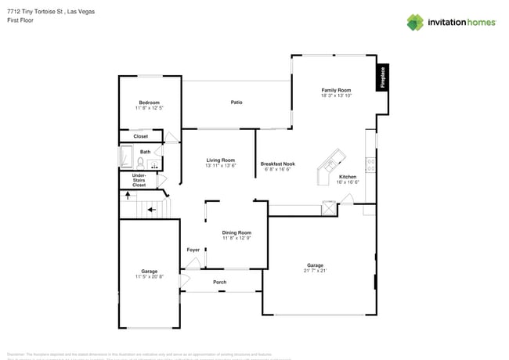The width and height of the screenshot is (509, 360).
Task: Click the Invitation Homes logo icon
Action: [414, 23]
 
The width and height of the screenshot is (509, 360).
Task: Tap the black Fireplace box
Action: [383, 77]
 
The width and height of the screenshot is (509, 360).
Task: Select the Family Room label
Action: [335, 90]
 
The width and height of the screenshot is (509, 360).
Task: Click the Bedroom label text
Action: [149, 103]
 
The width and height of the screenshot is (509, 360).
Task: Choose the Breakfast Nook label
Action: [277, 164]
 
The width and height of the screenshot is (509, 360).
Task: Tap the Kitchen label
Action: [347, 177]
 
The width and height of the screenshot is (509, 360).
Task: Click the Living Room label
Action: [220, 160]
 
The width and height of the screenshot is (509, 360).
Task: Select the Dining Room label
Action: [236, 232]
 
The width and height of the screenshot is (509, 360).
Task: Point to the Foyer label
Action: [193, 250]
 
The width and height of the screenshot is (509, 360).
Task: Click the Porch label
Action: [220, 282]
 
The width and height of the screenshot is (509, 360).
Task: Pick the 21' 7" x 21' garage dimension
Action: [315, 271]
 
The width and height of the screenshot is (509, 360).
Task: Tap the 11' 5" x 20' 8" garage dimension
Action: [149, 276]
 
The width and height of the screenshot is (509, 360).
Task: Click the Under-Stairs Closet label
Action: [139, 180]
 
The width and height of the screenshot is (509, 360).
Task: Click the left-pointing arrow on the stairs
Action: [153, 209]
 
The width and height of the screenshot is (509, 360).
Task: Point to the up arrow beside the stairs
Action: [125, 196]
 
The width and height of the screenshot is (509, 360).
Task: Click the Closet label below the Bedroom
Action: [140, 136]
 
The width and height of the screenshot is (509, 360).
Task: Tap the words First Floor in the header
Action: [20, 21]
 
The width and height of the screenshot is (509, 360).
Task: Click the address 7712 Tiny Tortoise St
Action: [35, 12]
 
